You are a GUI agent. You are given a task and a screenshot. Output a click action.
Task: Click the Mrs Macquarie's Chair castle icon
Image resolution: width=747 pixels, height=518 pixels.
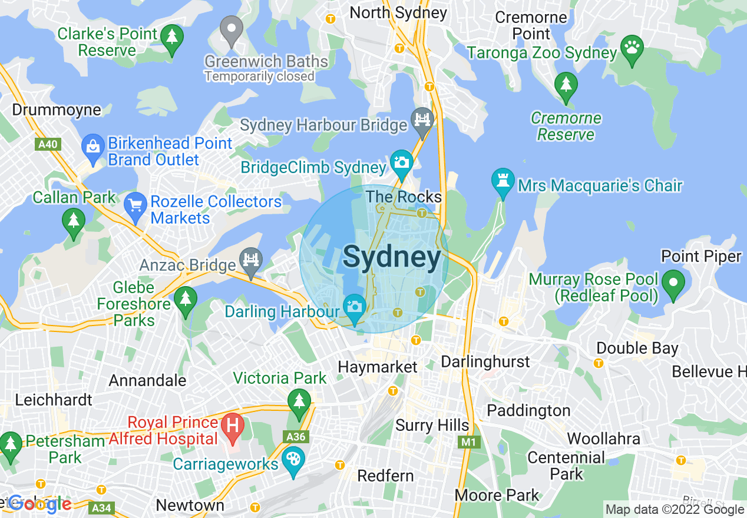point(503,180)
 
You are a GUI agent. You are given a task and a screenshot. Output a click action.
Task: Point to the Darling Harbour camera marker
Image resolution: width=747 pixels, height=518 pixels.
point(354,307)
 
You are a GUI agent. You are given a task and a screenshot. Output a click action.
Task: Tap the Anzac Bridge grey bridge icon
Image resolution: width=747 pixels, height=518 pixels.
point(251,259)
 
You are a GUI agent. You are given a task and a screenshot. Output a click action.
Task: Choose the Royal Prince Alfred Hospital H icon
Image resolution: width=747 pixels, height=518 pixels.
point(233,425)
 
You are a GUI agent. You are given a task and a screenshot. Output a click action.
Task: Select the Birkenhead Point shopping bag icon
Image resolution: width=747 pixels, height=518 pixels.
point(92,145)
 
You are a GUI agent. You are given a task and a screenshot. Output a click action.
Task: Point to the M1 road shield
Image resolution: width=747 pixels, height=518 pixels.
point(468,441)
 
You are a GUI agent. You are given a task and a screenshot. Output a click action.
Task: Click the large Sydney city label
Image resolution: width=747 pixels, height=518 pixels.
point(391,257)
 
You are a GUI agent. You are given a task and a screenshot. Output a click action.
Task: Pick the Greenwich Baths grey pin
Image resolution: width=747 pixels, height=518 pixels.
point(232,28)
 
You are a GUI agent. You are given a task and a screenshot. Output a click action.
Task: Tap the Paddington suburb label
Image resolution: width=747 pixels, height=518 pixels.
point(528,410)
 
